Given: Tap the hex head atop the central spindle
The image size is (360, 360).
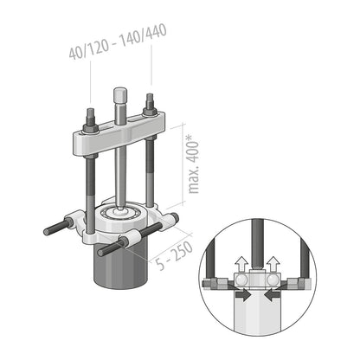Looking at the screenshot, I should (120, 93).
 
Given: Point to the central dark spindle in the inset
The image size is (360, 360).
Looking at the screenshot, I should (258, 251).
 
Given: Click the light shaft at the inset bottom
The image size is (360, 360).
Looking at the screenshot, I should (258, 325).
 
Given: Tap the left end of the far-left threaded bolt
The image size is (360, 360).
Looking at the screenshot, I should (47, 232).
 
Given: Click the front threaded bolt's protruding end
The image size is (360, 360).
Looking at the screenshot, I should (101, 252).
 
